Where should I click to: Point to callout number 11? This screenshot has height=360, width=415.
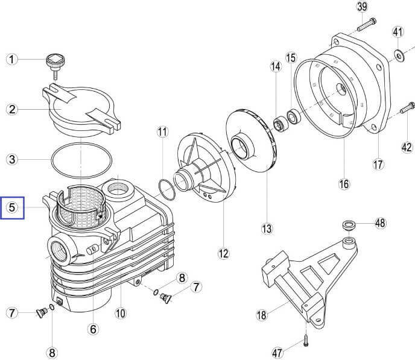pos(162,131)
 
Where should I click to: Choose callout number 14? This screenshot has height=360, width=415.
pos(276,67)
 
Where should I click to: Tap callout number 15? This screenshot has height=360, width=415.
pos(291,58)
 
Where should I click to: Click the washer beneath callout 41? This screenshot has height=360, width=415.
pos(399,55)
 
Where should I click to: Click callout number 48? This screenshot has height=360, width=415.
pos(379,223)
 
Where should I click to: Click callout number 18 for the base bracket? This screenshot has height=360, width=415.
pos(261,314)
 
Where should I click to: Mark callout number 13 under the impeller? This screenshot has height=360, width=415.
pos(267,229)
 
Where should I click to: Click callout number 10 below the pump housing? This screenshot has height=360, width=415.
pos(120,313)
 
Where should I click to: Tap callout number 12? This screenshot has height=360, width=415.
pos(224,253)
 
